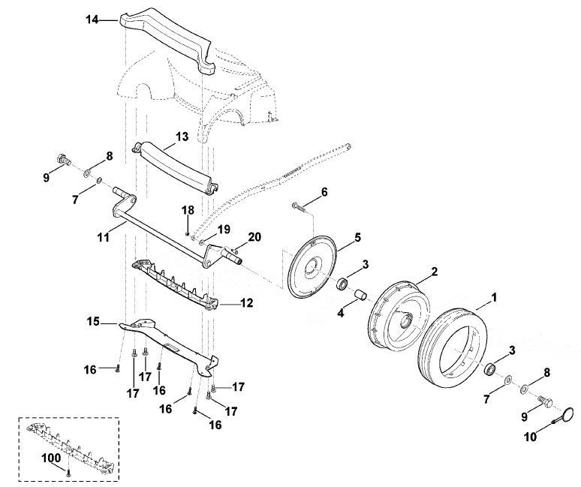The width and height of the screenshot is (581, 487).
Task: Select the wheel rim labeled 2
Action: pos(378,326)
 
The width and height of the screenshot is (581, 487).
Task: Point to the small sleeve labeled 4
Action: pos(360,295)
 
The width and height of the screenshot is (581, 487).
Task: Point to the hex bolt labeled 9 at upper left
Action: pos(65,161)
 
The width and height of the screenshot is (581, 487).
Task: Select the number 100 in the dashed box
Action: pos(51,458)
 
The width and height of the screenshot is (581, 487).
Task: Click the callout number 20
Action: pos(254,237)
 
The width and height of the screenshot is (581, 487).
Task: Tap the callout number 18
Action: pos(188,210)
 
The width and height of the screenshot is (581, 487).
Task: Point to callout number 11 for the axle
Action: pos(104,237)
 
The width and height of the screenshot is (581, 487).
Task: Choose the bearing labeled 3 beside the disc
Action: pos(343,284)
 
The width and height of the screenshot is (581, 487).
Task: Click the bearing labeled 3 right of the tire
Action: pos(491,369)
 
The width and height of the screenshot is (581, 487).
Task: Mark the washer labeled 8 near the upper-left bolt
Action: pos(87,173)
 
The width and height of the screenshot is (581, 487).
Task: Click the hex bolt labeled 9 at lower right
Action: pos(546,401)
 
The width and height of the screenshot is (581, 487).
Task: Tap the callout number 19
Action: pos(224,230)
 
